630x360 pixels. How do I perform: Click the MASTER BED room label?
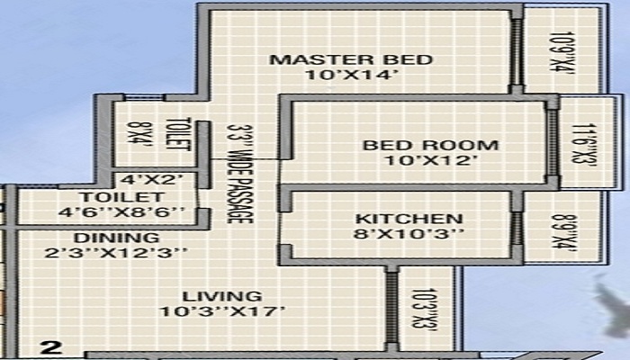pyautogui.click(x=351, y=60)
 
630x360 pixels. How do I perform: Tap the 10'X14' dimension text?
pyautogui.click(x=351, y=76)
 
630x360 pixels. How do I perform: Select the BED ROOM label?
pyautogui.click(x=417, y=145)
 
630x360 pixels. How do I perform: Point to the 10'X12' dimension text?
pyautogui.click(x=417, y=161)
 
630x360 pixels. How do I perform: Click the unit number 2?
pyautogui.click(x=52, y=346)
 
